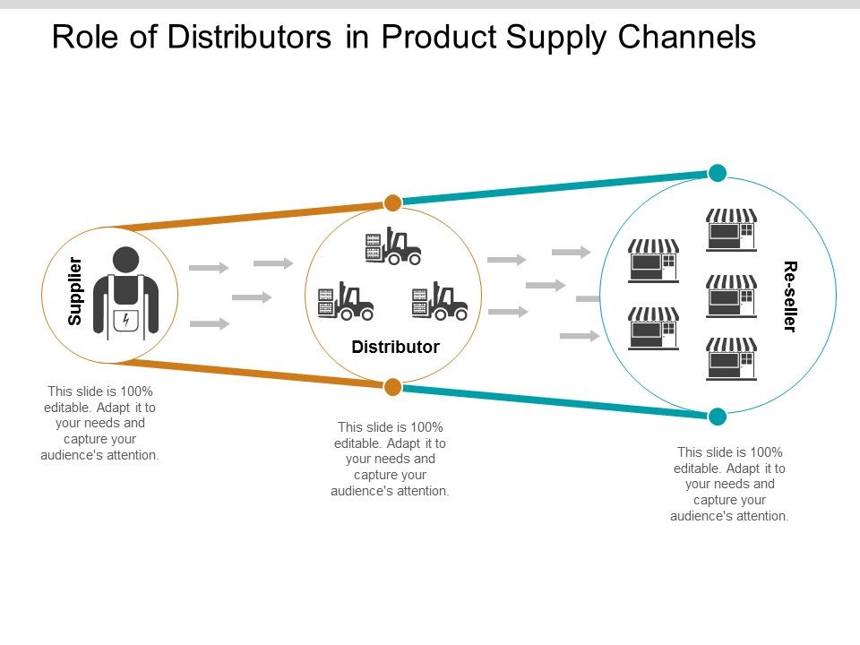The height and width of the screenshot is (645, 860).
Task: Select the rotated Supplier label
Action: [76, 291]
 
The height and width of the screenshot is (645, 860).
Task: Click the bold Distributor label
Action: [395, 347]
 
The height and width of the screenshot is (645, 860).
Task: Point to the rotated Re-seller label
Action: [789, 297]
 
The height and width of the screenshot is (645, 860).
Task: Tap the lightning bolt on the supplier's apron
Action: [126, 319]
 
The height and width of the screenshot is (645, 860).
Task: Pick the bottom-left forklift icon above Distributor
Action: [346, 302]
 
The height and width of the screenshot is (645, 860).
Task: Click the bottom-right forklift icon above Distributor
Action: [440, 302]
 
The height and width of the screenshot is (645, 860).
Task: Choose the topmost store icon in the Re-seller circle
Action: [731, 229]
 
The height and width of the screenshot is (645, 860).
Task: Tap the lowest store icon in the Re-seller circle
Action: [731, 358]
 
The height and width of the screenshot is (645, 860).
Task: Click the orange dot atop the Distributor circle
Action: [392, 202]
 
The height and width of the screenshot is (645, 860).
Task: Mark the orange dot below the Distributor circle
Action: [392, 387]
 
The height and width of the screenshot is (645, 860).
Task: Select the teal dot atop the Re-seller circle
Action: [718, 173]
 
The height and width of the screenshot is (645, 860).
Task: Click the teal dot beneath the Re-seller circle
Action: [718, 417]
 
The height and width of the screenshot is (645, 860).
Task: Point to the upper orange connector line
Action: [251, 216]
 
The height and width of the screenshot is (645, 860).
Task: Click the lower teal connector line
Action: [555, 401]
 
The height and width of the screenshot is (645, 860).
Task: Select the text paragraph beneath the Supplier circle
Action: [100, 423]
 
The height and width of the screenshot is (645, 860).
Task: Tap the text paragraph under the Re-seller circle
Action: [729, 484]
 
